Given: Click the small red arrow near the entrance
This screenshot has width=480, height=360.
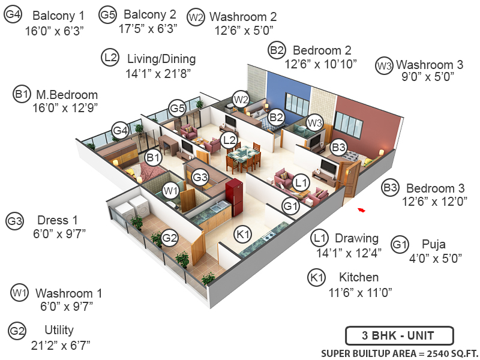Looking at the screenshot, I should (361, 209).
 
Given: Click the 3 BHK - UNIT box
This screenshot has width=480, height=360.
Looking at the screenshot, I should (399, 335).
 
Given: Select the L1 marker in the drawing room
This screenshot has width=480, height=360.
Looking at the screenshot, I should (301, 181).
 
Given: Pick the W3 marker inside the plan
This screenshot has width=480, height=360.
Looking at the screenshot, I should (315, 123).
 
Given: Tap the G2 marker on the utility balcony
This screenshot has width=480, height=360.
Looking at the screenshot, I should (170, 238).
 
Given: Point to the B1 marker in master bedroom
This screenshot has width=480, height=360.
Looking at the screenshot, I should (154, 158).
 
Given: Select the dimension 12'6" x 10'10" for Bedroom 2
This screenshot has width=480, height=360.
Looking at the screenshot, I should (320, 62).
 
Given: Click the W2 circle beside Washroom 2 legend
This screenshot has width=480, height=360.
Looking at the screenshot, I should (196, 17).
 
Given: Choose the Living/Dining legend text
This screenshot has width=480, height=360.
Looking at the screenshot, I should (161, 59).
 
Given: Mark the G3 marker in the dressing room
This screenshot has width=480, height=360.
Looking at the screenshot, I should (200, 177).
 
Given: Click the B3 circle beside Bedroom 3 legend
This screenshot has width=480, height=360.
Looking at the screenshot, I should (391, 188).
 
